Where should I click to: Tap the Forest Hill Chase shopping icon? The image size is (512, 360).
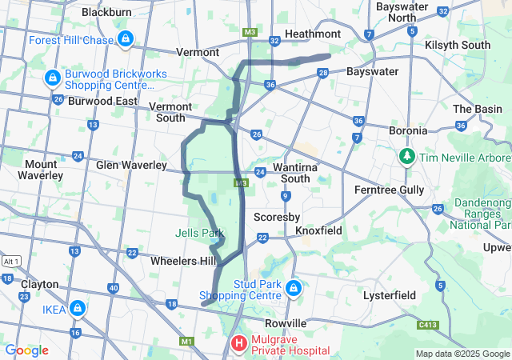point(126,38)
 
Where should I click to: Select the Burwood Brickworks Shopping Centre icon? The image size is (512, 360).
point(53,78)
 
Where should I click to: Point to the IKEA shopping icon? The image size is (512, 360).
point(78,307)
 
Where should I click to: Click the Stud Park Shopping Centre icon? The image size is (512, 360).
point(294,287)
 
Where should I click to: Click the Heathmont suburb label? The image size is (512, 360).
point(313,34)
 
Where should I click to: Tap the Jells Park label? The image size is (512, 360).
point(200,233)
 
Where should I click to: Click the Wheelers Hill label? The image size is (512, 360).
point(182,261)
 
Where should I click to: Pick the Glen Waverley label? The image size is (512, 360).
point(132,165)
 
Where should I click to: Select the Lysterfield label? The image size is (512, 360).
point(389,295)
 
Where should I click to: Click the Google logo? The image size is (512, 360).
point(27,350)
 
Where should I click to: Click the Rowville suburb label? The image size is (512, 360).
point(286,322)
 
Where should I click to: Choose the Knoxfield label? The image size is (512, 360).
point(318,230)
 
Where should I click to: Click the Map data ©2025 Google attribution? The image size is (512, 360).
point(462,354)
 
